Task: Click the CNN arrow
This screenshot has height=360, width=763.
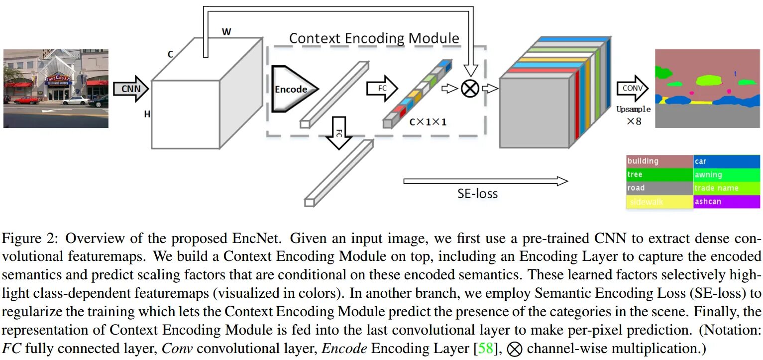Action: click(130, 89)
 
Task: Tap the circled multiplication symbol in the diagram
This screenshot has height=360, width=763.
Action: click(469, 89)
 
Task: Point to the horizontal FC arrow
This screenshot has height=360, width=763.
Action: click(382, 89)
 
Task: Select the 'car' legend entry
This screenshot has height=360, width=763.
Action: click(727, 161)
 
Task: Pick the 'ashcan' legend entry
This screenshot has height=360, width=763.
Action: click(727, 202)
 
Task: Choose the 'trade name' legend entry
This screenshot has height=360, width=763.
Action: click(727, 188)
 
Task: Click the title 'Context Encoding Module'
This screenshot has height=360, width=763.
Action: click(374, 38)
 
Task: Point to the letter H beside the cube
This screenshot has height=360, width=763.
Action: click(147, 115)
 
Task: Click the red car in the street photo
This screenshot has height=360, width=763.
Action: click(26, 100)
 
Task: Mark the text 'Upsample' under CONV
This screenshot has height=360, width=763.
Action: click(633, 109)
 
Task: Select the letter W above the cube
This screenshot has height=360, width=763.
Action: click(226, 32)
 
